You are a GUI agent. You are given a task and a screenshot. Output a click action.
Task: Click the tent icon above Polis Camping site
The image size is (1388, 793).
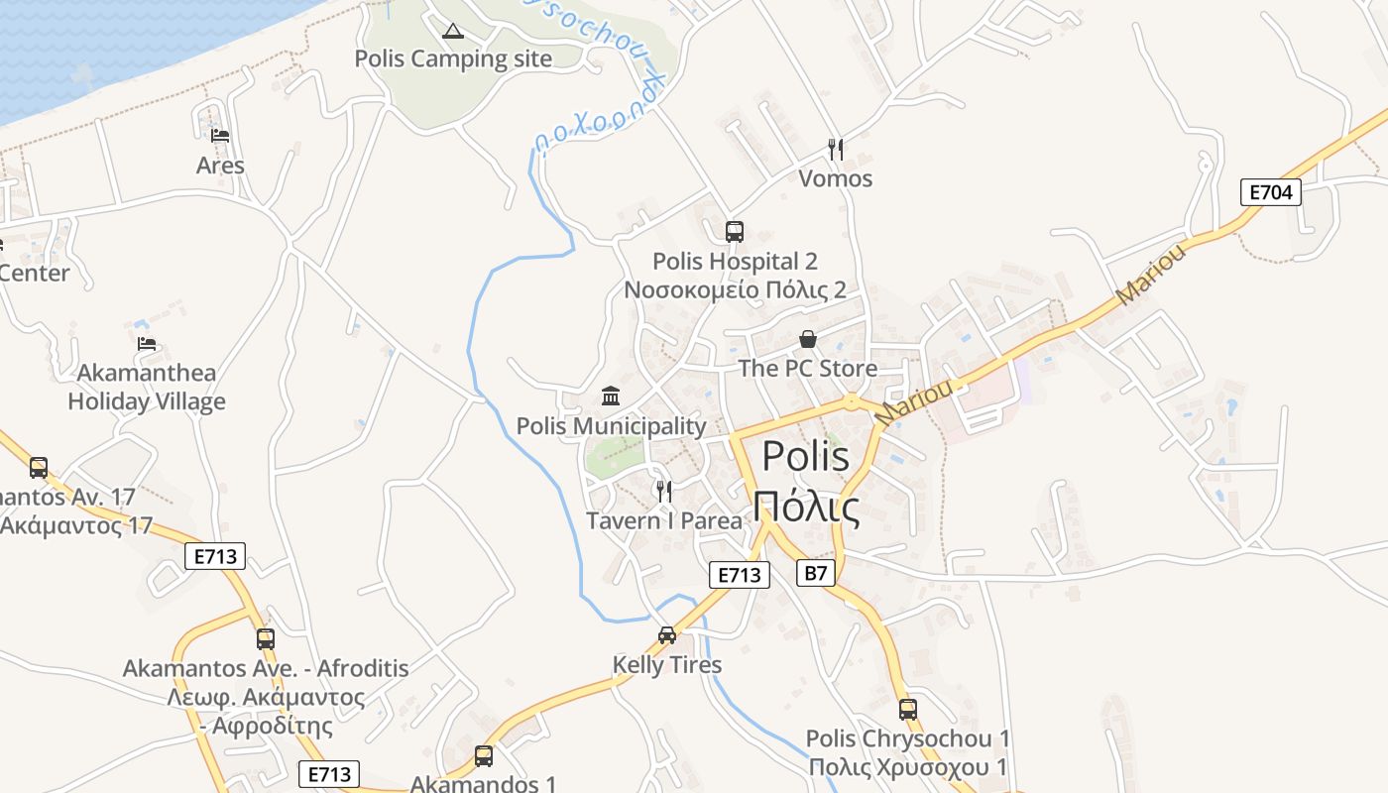tap(453, 31)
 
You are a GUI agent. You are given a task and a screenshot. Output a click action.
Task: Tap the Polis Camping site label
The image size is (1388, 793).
tap(453, 58)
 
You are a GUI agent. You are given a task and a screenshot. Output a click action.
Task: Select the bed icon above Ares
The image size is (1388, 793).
tap(220, 136)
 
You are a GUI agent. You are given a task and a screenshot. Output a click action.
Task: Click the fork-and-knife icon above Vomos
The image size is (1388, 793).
tap(836, 150)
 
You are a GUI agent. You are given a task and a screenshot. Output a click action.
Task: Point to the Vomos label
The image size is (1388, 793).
tap(836, 178)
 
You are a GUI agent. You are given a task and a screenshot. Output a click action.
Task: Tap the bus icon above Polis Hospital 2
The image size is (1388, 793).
tap(735, 232)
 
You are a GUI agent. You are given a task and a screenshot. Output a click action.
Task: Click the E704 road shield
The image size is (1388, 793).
tap(1270, 192)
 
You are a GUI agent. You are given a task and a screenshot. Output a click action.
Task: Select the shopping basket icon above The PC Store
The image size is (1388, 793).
tap(808, 339)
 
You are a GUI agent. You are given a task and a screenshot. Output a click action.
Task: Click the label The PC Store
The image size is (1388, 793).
tap(808, 369)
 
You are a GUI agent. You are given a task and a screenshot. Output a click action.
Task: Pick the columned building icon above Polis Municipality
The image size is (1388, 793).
tap(611, 396)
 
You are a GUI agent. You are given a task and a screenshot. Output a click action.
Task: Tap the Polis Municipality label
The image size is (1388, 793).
tap(611, 426)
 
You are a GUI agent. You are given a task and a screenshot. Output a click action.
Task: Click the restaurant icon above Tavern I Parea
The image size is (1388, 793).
tap(664, 491)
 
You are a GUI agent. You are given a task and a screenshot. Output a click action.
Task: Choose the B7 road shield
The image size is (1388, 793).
tap(815, 572)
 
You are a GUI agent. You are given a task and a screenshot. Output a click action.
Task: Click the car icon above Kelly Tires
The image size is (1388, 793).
tap(667, 635)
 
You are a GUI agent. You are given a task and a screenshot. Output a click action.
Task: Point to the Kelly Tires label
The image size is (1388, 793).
tap(667, 664)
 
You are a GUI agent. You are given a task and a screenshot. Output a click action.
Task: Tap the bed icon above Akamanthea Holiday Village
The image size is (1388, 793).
tap(147, 344)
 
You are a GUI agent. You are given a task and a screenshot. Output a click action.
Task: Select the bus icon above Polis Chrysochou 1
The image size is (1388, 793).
tap(908, 709)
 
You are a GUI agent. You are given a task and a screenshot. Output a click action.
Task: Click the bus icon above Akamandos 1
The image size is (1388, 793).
tap(484, 756)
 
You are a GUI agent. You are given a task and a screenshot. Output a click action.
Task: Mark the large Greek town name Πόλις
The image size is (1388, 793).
tap(805, 507)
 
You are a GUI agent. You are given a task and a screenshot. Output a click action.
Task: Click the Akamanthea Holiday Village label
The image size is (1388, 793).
tap(147, 388)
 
